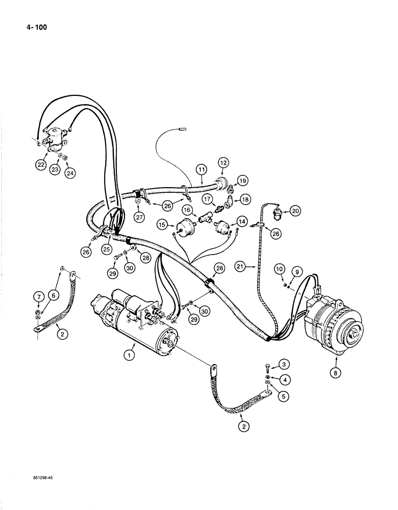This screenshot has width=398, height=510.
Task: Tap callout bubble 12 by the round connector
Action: [x=223, y=163]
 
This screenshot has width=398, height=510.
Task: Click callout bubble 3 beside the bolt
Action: [x=284, y=364]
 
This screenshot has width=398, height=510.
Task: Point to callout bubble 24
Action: [x=69, y=173]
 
